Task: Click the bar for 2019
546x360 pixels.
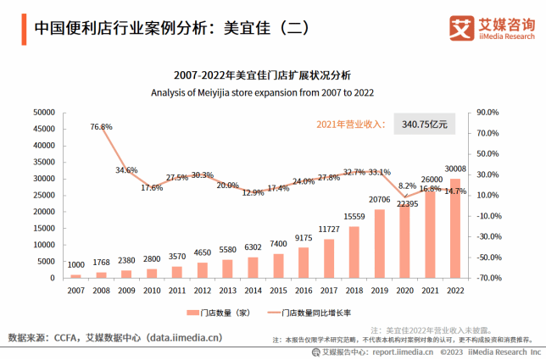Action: (379, 244)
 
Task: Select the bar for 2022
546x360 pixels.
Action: (455, 229)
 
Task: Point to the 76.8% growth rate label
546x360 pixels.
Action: (101, 127)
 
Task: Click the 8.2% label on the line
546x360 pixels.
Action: (407, 186)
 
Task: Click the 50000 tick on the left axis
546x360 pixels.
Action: (43, 112)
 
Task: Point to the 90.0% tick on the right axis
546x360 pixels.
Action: (489, 112)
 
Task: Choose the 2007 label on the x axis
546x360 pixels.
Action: (75, 290)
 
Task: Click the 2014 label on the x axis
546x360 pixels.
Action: (253, 290)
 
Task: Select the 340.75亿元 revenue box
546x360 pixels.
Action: (425, 125)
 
